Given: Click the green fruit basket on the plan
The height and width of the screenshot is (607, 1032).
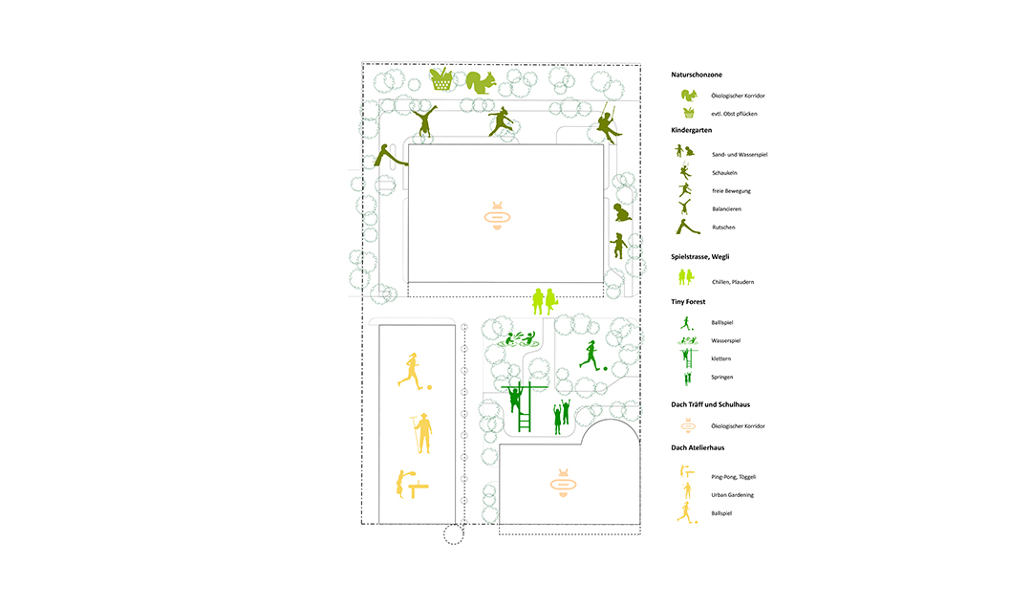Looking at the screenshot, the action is pos(441,79).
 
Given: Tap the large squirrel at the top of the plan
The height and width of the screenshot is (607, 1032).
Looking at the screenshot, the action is pos(481,82).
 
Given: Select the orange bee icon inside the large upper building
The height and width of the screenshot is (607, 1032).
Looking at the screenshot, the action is pos(498,215).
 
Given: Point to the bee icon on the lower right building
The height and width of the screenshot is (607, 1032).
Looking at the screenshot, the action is pos(563,484).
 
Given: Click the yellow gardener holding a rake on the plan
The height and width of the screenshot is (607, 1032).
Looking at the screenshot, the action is pos(422,432).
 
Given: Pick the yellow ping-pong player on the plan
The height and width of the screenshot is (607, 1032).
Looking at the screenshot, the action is pos(411,484).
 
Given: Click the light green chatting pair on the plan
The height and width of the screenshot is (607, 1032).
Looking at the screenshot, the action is pos(545,301).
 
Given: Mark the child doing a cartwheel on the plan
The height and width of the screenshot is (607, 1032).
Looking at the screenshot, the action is pos(424,120).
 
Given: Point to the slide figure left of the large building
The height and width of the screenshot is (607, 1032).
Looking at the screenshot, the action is pos(390,156).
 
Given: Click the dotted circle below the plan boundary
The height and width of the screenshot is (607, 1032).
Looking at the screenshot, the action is pos(453,534).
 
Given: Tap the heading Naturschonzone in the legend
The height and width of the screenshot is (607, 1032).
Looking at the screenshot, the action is pos(697,76).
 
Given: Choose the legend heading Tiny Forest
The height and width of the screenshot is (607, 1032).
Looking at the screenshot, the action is pos(688,301).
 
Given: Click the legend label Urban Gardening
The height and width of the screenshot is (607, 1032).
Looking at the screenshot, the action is pos(732,495).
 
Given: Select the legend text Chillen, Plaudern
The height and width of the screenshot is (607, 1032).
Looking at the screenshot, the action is pos(733,282).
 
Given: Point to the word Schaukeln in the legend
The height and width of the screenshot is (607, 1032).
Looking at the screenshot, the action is pos(724,173).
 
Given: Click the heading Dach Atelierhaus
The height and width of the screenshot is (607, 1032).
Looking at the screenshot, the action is pos(698,447).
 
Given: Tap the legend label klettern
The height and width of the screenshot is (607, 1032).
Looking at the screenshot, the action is pos(720,358).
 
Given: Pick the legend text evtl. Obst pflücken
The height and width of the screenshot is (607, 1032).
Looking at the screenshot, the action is pos(734,114).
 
